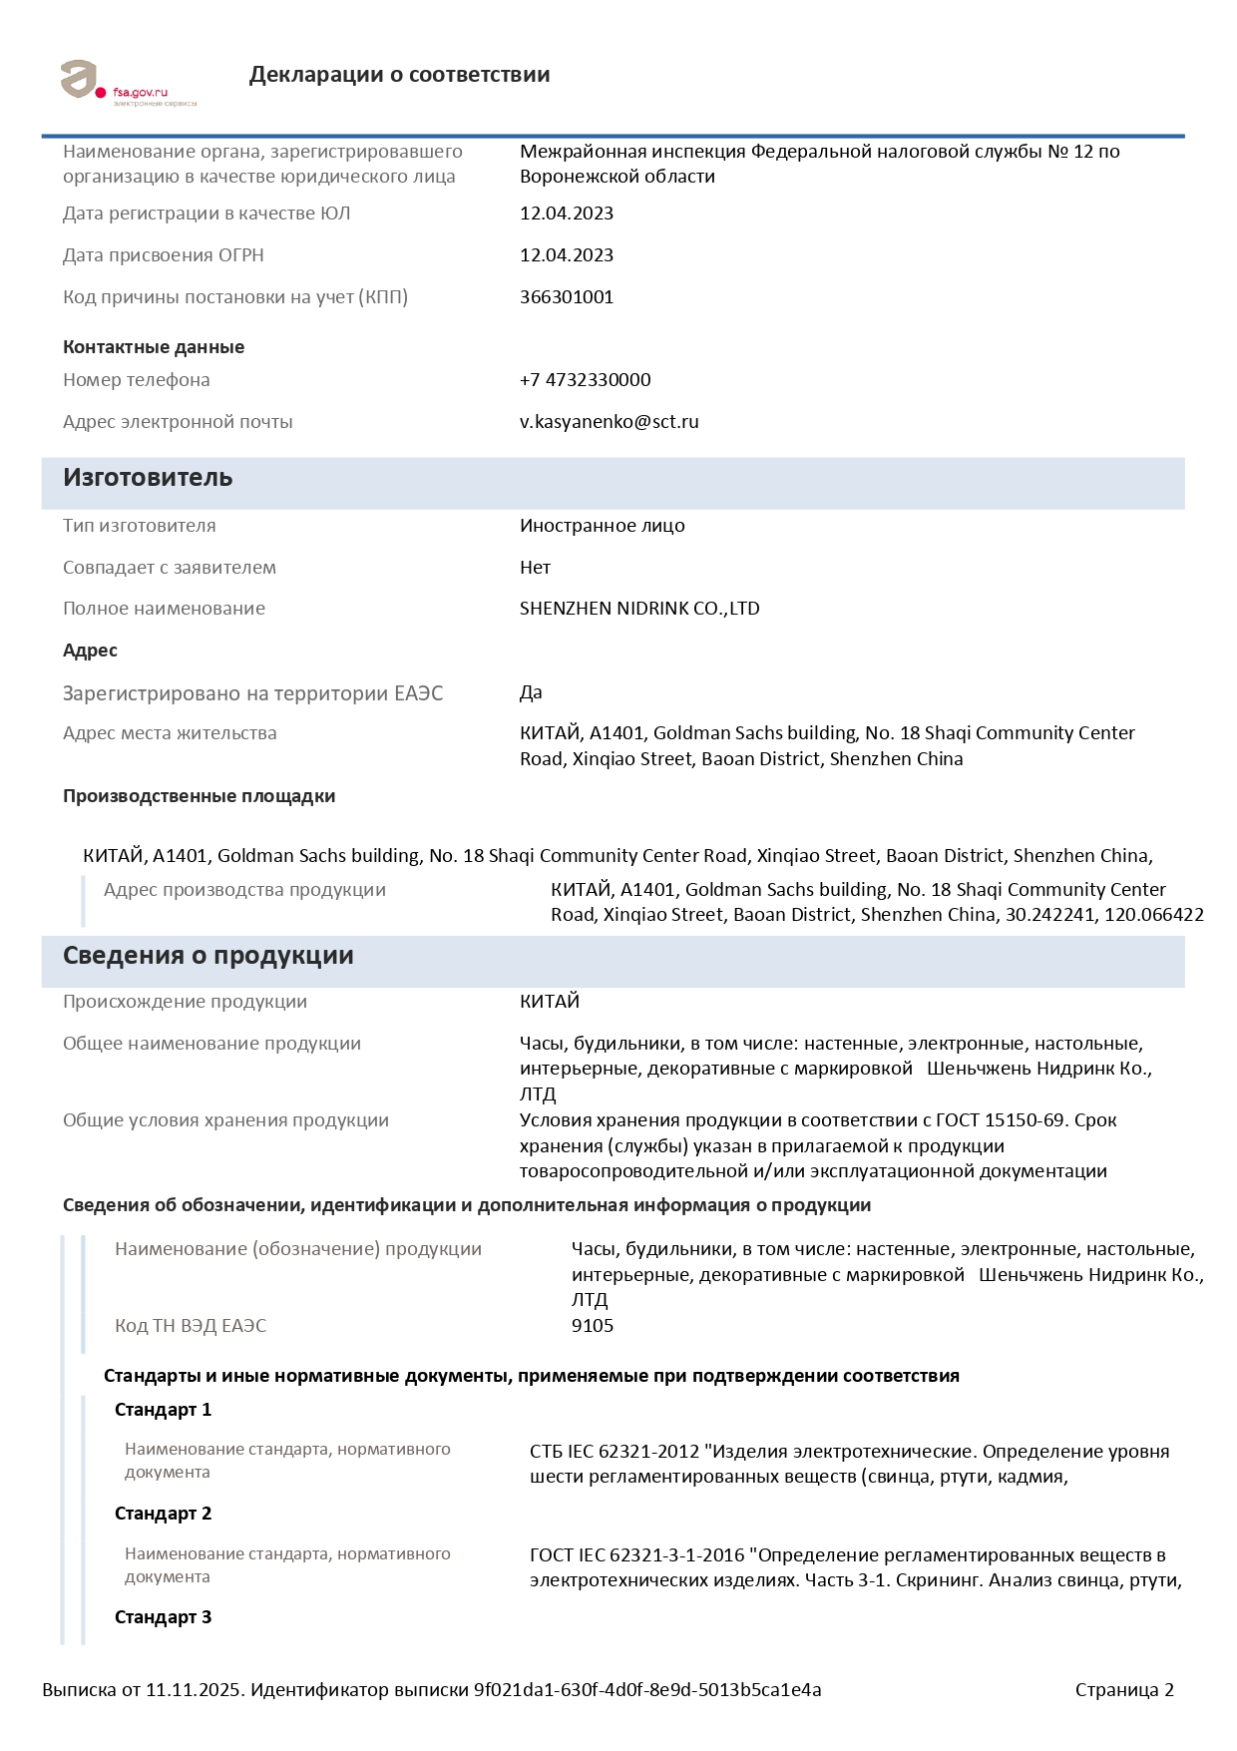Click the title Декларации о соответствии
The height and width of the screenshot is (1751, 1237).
click(399, 75)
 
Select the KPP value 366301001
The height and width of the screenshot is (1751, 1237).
click(567, 297)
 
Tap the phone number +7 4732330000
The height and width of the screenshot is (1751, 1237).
click(585, 380)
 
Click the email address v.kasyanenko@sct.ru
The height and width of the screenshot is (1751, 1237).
click(609, 422)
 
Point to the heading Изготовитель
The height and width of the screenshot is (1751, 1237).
click(148, 478)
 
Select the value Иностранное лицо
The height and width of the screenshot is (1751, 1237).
click(602, 526)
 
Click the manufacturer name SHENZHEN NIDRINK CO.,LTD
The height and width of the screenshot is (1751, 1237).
click(639, 609)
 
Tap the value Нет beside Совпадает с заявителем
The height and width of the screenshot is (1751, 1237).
click(535, 568)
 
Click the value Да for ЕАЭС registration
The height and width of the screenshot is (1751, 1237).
click(531, 692)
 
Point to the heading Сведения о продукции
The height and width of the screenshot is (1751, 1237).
click(207, 956)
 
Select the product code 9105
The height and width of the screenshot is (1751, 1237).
click(593, 1326)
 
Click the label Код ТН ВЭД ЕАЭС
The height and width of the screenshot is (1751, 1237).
click(191, 1326)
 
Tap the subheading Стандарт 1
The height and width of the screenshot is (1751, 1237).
click(163, 1410)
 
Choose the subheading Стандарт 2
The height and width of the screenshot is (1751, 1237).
click(163, 1514)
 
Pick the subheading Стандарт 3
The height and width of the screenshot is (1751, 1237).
click(163, 1617)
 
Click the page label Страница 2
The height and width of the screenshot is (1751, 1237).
click(1124, 1690)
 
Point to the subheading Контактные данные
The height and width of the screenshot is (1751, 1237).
click(154, 347)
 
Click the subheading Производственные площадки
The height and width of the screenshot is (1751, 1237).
click(199, 796)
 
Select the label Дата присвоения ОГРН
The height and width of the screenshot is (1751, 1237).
click(164, 255)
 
